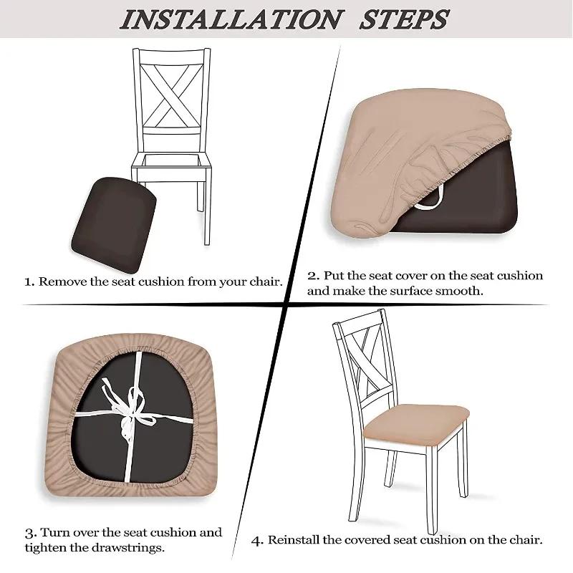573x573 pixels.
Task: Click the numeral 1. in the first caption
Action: [x=29, y=281]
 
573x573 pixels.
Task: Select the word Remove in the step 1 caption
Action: [x=63, y=281]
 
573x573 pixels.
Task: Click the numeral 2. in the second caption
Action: [x=314, y=276]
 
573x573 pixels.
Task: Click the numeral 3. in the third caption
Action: [x=29, y=533]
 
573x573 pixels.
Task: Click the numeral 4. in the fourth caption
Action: [x=258, y=539]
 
